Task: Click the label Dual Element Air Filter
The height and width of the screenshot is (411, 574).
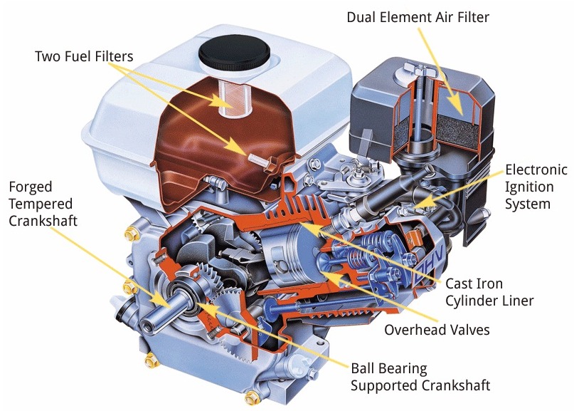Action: point(418,17)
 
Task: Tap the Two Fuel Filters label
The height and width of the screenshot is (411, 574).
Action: point(84,56)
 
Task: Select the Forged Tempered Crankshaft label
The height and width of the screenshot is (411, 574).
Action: point(43,204)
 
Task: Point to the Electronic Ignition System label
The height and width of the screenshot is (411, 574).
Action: point(536,187)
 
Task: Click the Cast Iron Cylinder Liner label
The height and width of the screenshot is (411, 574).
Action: point(489,292)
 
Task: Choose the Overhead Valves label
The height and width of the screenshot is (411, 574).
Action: point(437,330)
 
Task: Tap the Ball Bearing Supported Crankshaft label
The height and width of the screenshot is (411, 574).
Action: point(420,377)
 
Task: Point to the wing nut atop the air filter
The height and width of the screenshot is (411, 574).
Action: point(418,69)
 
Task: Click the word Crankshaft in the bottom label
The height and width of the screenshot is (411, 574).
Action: point(455,385)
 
